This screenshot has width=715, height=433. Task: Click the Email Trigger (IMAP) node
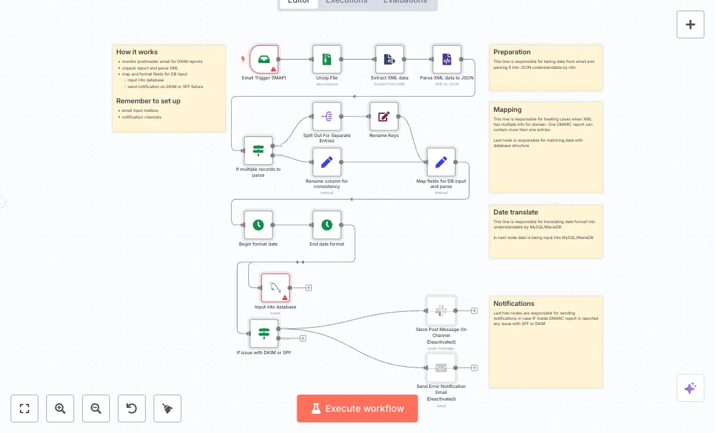pos(264,60)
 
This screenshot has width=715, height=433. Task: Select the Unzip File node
pos(327,60)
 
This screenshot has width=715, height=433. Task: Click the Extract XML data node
pos(389,60)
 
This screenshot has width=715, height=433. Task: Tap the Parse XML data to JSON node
pos(447,60)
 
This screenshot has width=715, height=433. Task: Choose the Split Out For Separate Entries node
pos(327,117)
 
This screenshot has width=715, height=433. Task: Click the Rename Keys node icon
pos(384,117)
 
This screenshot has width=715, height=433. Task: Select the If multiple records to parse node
pos(258,150)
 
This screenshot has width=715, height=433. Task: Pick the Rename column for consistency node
pos(327,162)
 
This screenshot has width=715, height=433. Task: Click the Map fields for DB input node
pos(441,162)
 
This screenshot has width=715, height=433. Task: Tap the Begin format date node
pos(258,225)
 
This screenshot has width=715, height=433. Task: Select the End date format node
pos(327,225)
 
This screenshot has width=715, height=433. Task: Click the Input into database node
pos(275,288)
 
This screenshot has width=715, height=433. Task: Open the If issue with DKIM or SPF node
pos(263,333)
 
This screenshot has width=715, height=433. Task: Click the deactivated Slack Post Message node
pos(441,311)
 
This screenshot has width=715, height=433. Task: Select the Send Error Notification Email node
pos(441,367)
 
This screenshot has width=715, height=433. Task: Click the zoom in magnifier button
pos(60,409)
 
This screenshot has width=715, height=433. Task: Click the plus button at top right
pos(690,24)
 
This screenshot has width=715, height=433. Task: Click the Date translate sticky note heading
pos(516,213)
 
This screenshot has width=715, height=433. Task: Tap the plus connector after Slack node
pos(474,311)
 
